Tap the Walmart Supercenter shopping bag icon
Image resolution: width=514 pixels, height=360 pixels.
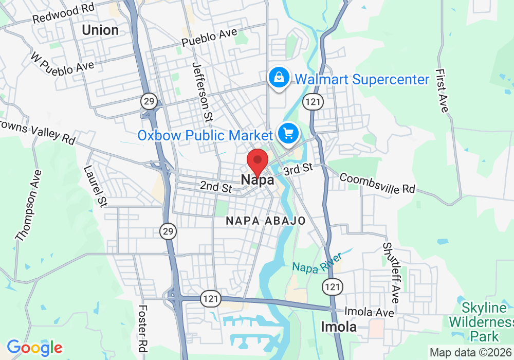[278, 78]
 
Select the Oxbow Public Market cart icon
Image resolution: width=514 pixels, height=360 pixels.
[288, 134]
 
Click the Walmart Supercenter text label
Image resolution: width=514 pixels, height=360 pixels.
[362, 80]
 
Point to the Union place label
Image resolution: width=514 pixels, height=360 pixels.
[100, 30]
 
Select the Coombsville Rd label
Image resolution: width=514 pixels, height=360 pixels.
[377, 183]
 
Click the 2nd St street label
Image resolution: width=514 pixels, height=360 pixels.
[216, 187]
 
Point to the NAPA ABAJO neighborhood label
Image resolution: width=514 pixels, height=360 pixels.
[266, 221]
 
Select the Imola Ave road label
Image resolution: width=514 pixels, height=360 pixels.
[369, 312]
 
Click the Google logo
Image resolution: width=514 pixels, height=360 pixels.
[34, 348]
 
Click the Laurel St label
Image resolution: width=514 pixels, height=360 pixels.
[95, 186]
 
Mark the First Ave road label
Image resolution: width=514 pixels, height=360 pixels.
[442, 91]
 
